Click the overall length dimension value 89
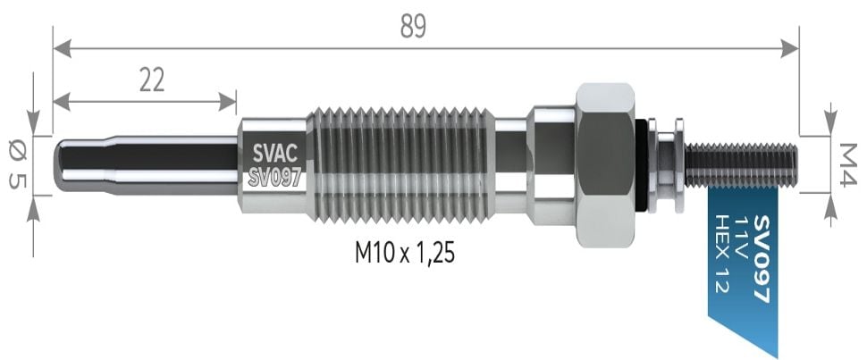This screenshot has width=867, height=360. point(413,27)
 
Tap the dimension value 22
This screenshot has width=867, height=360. point(152,80)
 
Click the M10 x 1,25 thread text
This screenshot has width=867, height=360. point(405,255)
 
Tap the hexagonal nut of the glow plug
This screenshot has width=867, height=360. point(605,165)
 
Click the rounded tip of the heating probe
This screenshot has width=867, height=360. point(65,165)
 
